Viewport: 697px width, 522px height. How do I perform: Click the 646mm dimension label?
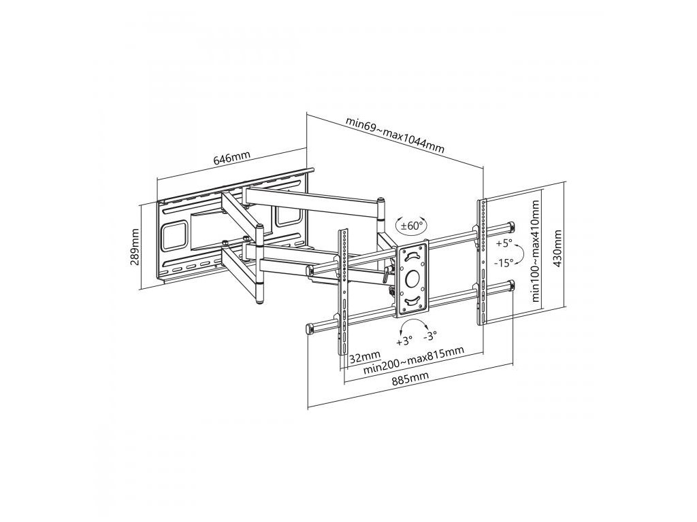232,159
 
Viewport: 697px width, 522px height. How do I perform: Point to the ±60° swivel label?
411,224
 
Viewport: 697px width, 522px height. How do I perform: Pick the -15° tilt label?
504,262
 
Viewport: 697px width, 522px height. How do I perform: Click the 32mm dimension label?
364,357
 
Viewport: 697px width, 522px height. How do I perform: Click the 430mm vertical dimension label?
558,249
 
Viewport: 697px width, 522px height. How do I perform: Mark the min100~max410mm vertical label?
536,251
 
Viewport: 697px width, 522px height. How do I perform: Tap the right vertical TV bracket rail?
483,262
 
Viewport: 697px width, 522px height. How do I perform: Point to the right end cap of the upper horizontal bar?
510,226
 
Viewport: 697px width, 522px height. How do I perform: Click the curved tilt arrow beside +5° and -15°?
520,254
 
